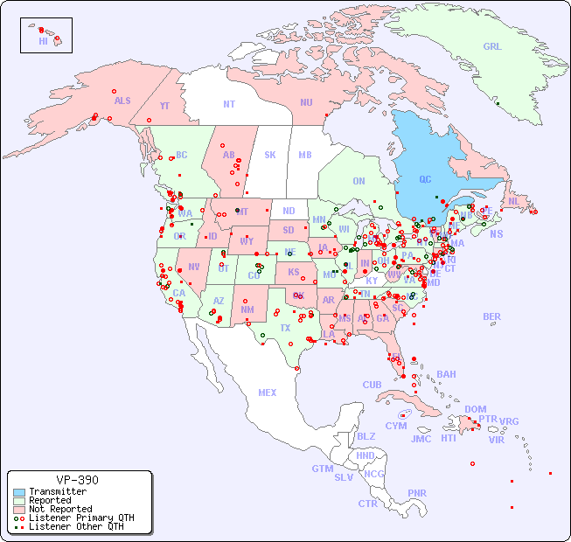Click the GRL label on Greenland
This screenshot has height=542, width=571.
point(492,47)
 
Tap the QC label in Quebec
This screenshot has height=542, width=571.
point(425,180)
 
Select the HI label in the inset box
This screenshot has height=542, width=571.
point(43,41)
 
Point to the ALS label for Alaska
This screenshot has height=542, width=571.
point(122,101)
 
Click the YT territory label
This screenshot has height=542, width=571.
point(164,106)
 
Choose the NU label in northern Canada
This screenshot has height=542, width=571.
point(306,102)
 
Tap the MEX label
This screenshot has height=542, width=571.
point(268,393)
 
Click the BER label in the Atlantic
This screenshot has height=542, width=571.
point(492,316)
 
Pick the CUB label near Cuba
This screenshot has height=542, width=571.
point(372,385)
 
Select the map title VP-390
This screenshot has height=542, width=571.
point(77,480)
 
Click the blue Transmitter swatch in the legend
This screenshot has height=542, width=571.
point(19,492)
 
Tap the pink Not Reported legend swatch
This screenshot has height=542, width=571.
point(19,509)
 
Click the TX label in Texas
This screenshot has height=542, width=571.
point(285,329)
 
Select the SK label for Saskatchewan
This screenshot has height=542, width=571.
point(270,155)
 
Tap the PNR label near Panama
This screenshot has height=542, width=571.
point(417,493)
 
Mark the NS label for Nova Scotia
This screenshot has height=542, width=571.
point(496,234)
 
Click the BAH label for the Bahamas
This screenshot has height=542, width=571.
point(446,374)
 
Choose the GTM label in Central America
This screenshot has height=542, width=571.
point(322,469)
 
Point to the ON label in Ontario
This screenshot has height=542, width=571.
point(359,182)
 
